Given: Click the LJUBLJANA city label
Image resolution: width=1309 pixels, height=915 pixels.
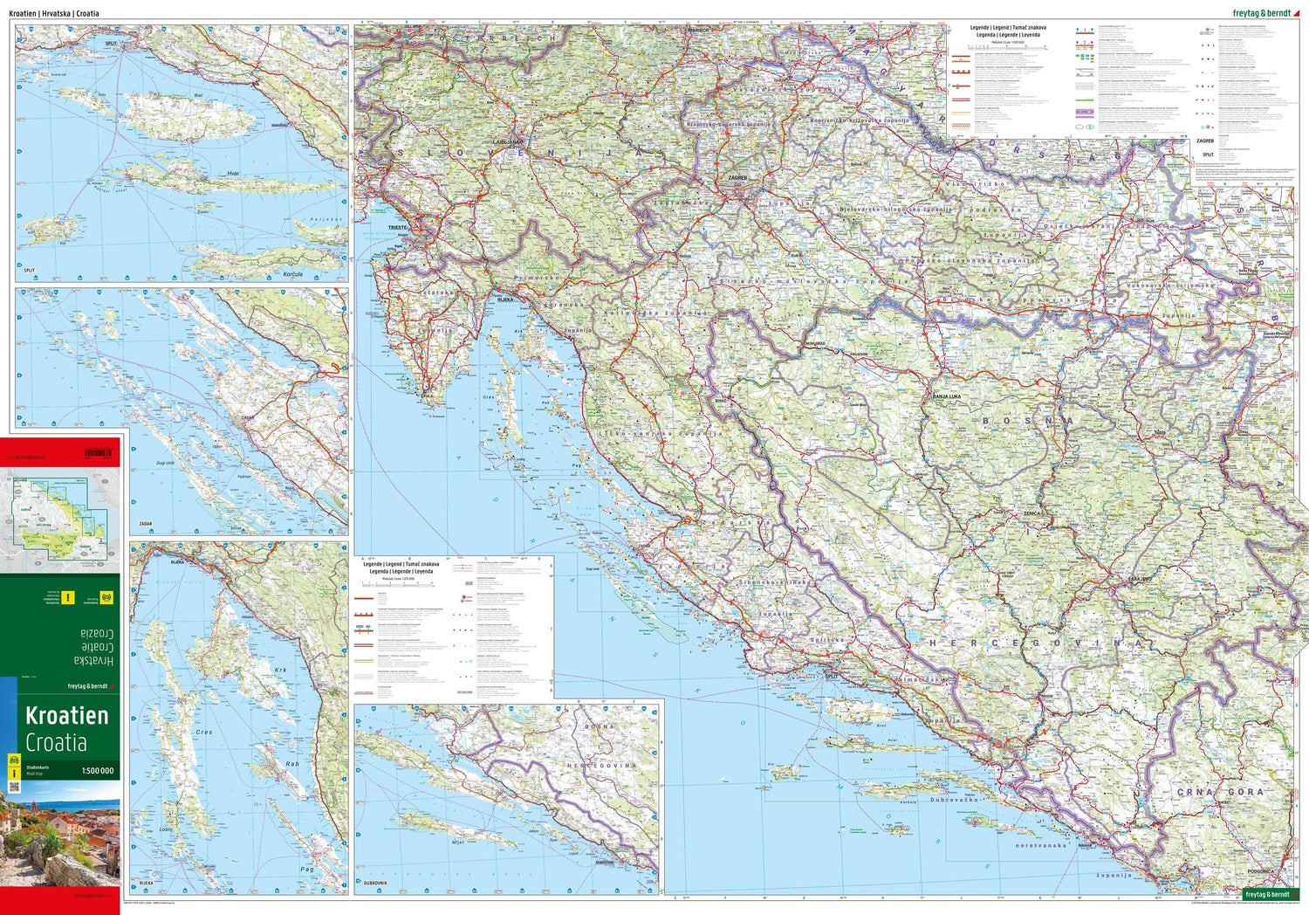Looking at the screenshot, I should click(507, 141).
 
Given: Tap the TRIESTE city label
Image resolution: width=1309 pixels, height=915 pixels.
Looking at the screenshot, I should click(399, 227).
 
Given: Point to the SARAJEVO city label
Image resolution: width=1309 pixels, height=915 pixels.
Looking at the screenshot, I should click(1139, 579).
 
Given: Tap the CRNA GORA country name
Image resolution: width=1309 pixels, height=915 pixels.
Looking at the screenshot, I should click(1219, 792).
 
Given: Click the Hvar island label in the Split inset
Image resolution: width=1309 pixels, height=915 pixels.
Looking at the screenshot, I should click(233, 174).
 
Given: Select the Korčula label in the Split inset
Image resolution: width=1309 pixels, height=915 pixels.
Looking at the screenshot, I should click(293, 274).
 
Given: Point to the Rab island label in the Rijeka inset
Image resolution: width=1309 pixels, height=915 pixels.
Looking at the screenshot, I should click(291, 764).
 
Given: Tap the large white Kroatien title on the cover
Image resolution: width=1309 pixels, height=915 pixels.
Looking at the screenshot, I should click(67, 716).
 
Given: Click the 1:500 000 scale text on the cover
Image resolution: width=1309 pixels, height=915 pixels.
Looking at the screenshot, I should click(97, 771).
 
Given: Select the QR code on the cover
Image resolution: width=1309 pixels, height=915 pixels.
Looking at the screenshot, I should click(13, 787).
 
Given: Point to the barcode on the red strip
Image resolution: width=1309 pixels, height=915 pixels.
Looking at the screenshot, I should click(98, 452).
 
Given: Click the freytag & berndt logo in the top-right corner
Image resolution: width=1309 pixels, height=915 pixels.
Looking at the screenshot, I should click(1261, 13).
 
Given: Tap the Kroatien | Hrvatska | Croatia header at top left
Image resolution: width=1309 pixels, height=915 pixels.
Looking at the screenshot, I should click(54, 14).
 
